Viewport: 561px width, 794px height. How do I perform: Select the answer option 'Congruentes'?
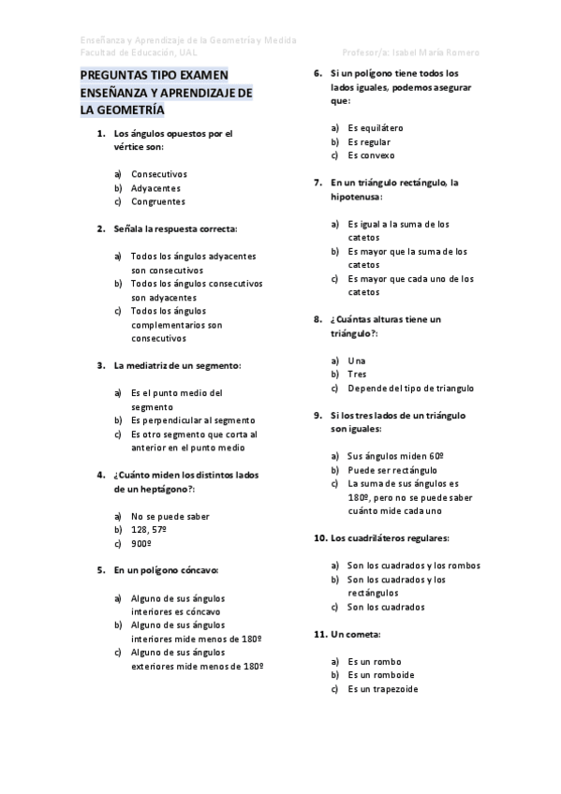[x=157, y=201]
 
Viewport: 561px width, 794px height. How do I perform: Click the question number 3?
[x=101, y=365]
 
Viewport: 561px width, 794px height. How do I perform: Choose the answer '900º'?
[x=141, y=543]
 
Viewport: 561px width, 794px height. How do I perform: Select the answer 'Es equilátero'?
[x=375, y=127]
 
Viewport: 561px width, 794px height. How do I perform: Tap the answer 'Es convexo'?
[x=371, y=154]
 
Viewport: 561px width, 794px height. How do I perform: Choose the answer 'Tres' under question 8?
[x=356, y=375]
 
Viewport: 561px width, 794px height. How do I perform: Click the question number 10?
[x=318, y=538]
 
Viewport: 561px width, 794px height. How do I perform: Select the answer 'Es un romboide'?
[x=380, y=675]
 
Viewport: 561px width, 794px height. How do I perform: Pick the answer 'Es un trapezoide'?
[x=383, y=689]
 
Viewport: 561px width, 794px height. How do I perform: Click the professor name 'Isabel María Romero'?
[x=438, y=52]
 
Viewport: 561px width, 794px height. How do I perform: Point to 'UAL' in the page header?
[x=195, y=52]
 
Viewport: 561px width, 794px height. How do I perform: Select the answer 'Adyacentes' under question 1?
[x=155, y=187]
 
